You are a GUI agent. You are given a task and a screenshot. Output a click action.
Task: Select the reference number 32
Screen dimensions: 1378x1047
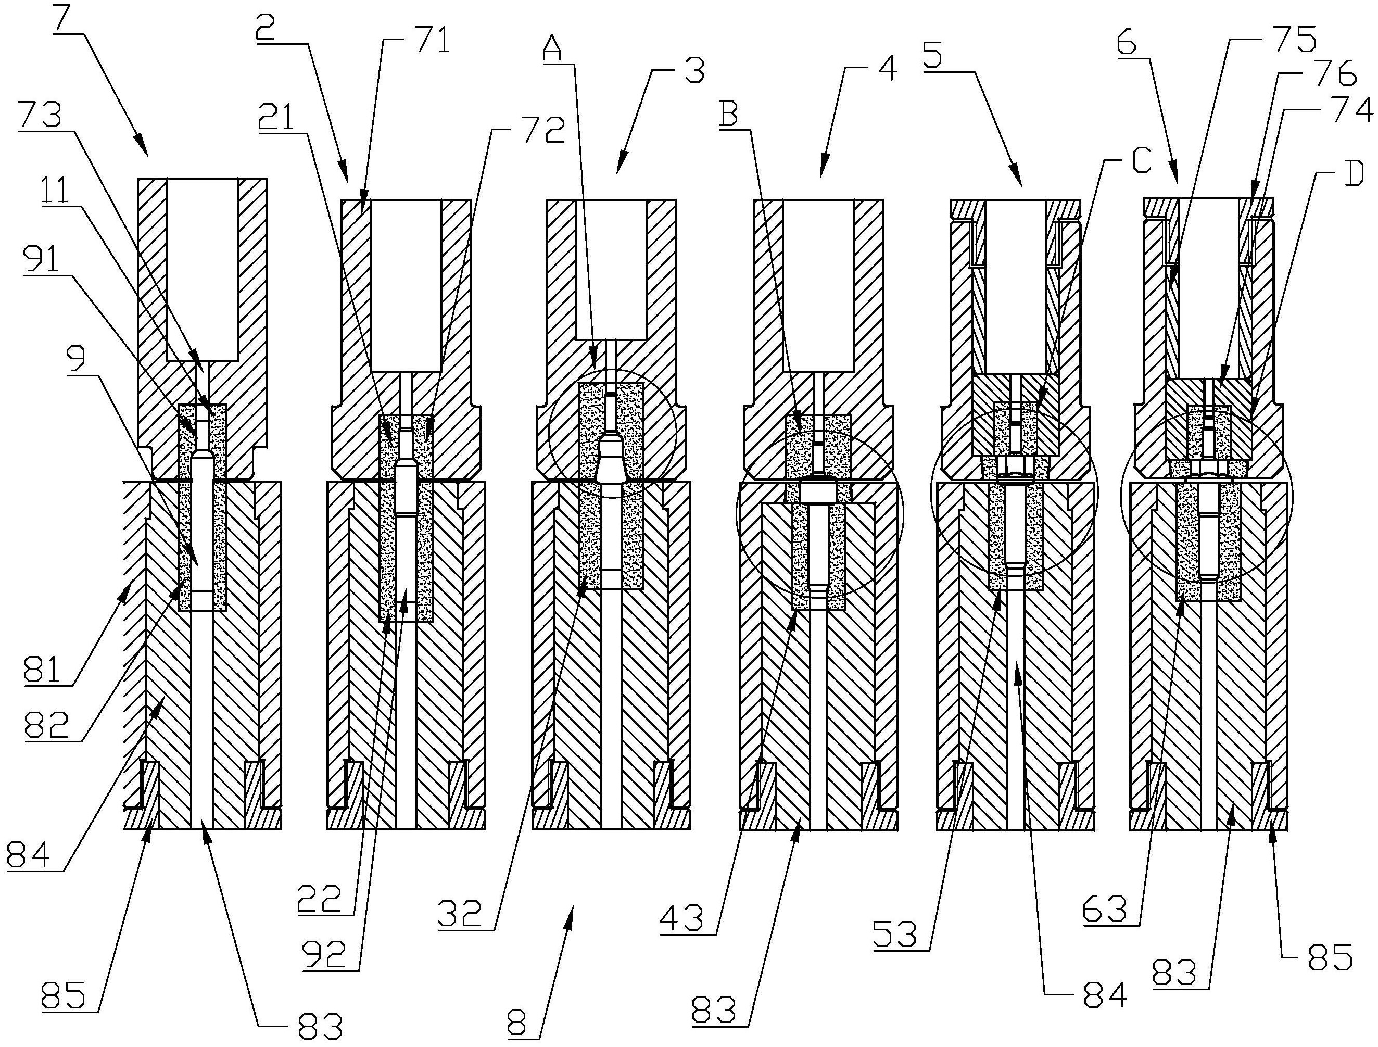click(459, 914)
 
